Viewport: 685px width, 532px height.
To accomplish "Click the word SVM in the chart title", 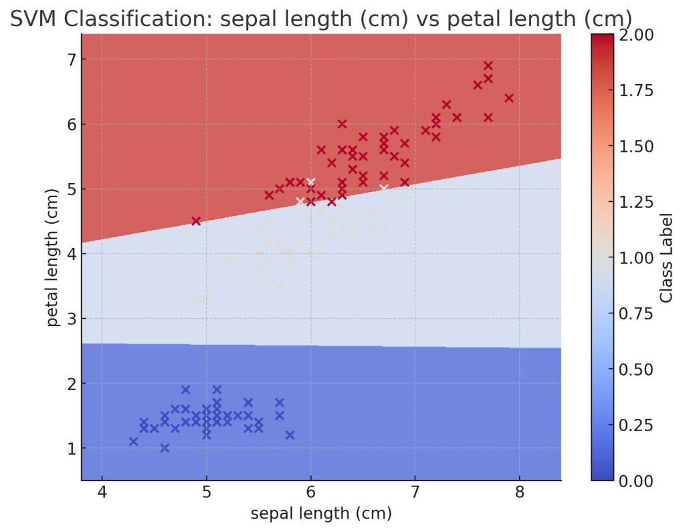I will tap(39, 20).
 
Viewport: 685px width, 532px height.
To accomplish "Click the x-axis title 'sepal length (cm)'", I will tap(320, 513).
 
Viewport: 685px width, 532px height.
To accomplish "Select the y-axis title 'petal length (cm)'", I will tap(53, 257).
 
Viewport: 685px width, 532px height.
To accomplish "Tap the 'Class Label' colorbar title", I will tap(666, 257).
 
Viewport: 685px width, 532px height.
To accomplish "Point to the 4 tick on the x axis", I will tap(102, 493).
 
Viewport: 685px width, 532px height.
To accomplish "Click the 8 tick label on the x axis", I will tap(519, 493).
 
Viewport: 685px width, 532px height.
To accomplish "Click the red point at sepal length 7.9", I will tap(508, 98).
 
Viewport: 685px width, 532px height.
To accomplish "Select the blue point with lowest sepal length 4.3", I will tap(133, 441).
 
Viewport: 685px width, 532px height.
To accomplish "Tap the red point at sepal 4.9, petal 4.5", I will tap(196, 221).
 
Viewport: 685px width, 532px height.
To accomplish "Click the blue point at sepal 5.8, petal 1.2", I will tap(290, 435).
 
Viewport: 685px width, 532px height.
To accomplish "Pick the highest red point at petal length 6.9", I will tap(488, 65).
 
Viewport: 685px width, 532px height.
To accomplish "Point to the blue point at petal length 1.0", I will tap(165, 448).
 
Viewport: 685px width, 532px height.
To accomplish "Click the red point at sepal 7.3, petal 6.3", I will tap(446, 104).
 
